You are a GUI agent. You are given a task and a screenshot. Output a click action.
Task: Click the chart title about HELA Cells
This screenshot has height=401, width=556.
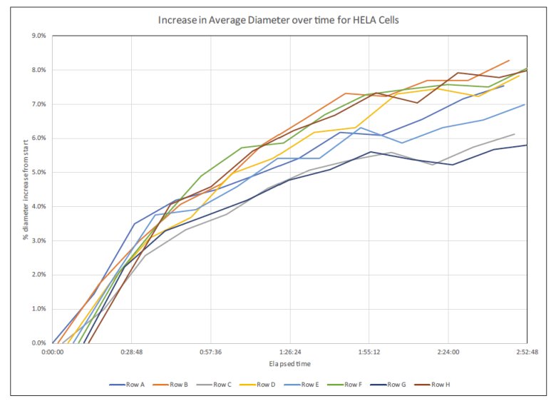point(278,19)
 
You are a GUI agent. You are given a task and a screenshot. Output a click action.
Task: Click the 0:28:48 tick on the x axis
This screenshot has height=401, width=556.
point(132,352)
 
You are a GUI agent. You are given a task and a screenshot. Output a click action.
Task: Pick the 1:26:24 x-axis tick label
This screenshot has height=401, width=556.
point(289,352)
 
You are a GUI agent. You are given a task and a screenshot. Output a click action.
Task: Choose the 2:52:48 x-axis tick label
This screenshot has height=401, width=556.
point(526,352)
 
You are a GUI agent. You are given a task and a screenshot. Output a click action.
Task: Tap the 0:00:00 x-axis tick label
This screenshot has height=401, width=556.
point(53,352)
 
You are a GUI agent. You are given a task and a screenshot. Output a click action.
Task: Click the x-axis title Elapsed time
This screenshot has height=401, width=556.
point(289,365)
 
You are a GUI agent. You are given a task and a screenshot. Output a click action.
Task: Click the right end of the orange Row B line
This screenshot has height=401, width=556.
point(510,61)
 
